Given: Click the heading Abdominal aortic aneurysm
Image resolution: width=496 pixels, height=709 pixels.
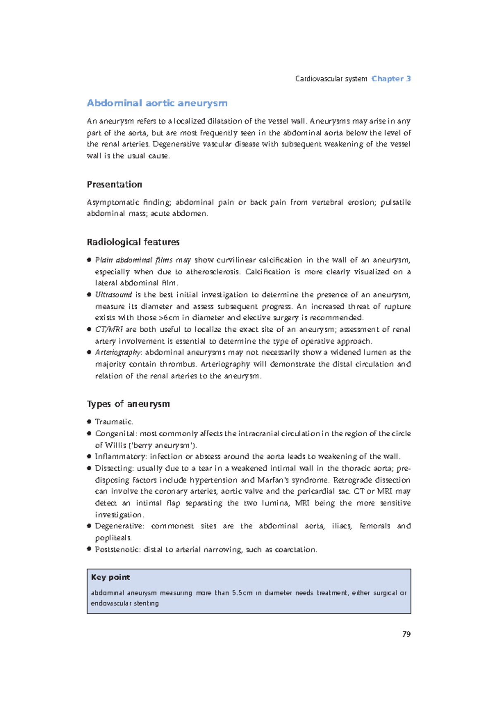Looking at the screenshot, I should coord(157,103).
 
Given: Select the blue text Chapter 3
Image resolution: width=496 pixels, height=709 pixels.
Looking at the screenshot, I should coord(391,79).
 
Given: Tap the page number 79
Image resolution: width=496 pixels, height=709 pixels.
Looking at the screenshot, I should coord(406,634).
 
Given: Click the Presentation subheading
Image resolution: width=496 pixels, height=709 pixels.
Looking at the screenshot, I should coord(114,184).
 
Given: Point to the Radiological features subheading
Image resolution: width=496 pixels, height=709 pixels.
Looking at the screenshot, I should coord(133,242).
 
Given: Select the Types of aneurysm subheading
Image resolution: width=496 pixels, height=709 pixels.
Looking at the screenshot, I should coord(128,404).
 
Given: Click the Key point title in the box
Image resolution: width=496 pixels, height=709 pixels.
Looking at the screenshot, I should coord(110,577).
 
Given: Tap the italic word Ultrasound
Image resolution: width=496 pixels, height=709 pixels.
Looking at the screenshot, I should coord(113,295).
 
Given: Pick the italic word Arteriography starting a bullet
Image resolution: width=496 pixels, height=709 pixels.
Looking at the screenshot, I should coord(118,352).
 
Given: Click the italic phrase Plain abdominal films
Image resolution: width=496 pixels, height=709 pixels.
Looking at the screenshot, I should coord(134,260).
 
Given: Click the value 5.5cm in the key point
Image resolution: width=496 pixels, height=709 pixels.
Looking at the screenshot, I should coord(242,592).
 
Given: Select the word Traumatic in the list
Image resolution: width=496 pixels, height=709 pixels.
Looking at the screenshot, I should coord(114,422).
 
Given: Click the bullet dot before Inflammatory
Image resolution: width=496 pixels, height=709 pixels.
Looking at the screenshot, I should coord(89,457).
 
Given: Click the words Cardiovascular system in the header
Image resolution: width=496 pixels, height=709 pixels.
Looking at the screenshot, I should coord(331,79).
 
